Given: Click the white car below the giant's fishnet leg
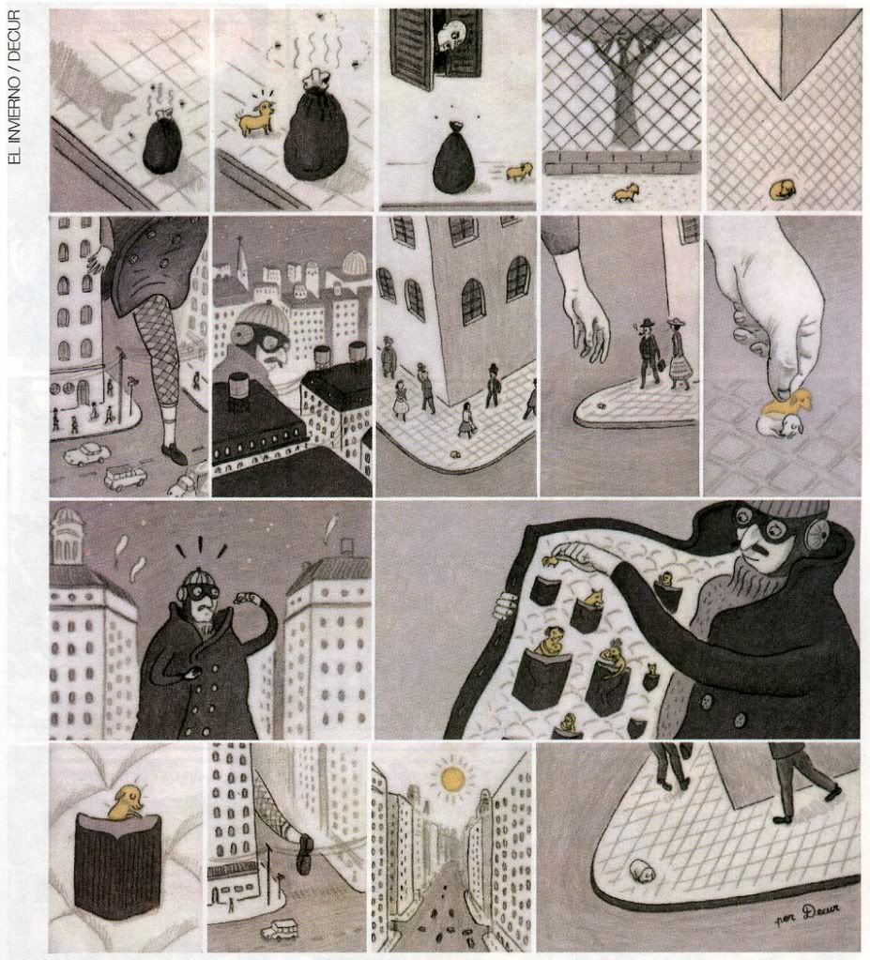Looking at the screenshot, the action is point(84,453).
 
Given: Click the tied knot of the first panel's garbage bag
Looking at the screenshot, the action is point(164,115).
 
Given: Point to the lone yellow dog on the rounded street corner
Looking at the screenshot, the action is point(454,455).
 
